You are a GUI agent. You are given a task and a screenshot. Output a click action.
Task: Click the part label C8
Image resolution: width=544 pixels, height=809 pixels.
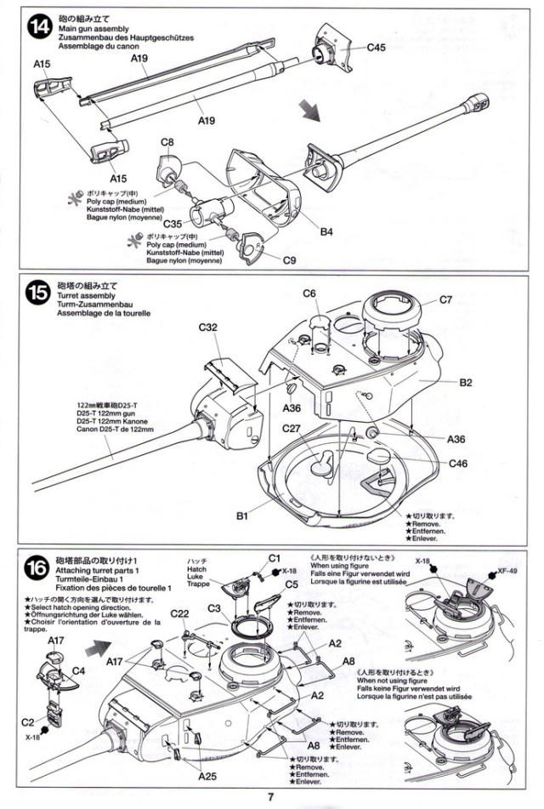pos(167,142)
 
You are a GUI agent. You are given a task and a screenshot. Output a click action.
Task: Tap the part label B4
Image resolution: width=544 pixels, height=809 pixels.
pos(326,231)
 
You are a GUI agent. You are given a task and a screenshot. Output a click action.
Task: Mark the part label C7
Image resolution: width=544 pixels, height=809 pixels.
pos(450,299)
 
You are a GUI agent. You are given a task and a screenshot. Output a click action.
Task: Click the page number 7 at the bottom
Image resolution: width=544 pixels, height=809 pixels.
pos(270,796)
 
